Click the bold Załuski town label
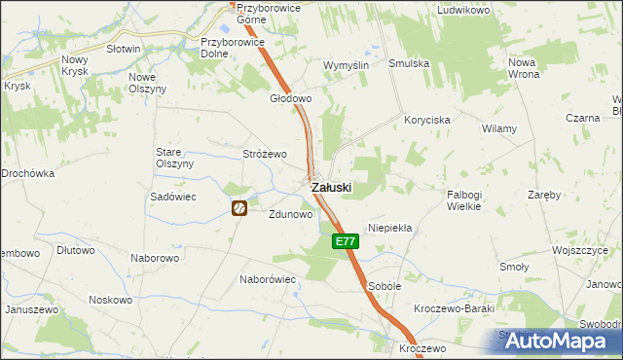click(x=331, y=187)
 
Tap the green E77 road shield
click(x=343, y=241)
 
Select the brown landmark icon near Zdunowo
click(x=239, y=207)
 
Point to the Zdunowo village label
click(x=290, y=215)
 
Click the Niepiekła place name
click(x=390, y=228)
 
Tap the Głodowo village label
click(x=290, y=98)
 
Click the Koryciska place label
click(x=427, y=120)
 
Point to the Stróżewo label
click(x=265, y=154)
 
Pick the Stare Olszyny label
click(x=175, y=158)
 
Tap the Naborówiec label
click(x=268, y=278)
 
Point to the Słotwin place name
click(x=124, y=49)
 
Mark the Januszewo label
click(x=29, y=309)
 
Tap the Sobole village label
click(x=385, y=286)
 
